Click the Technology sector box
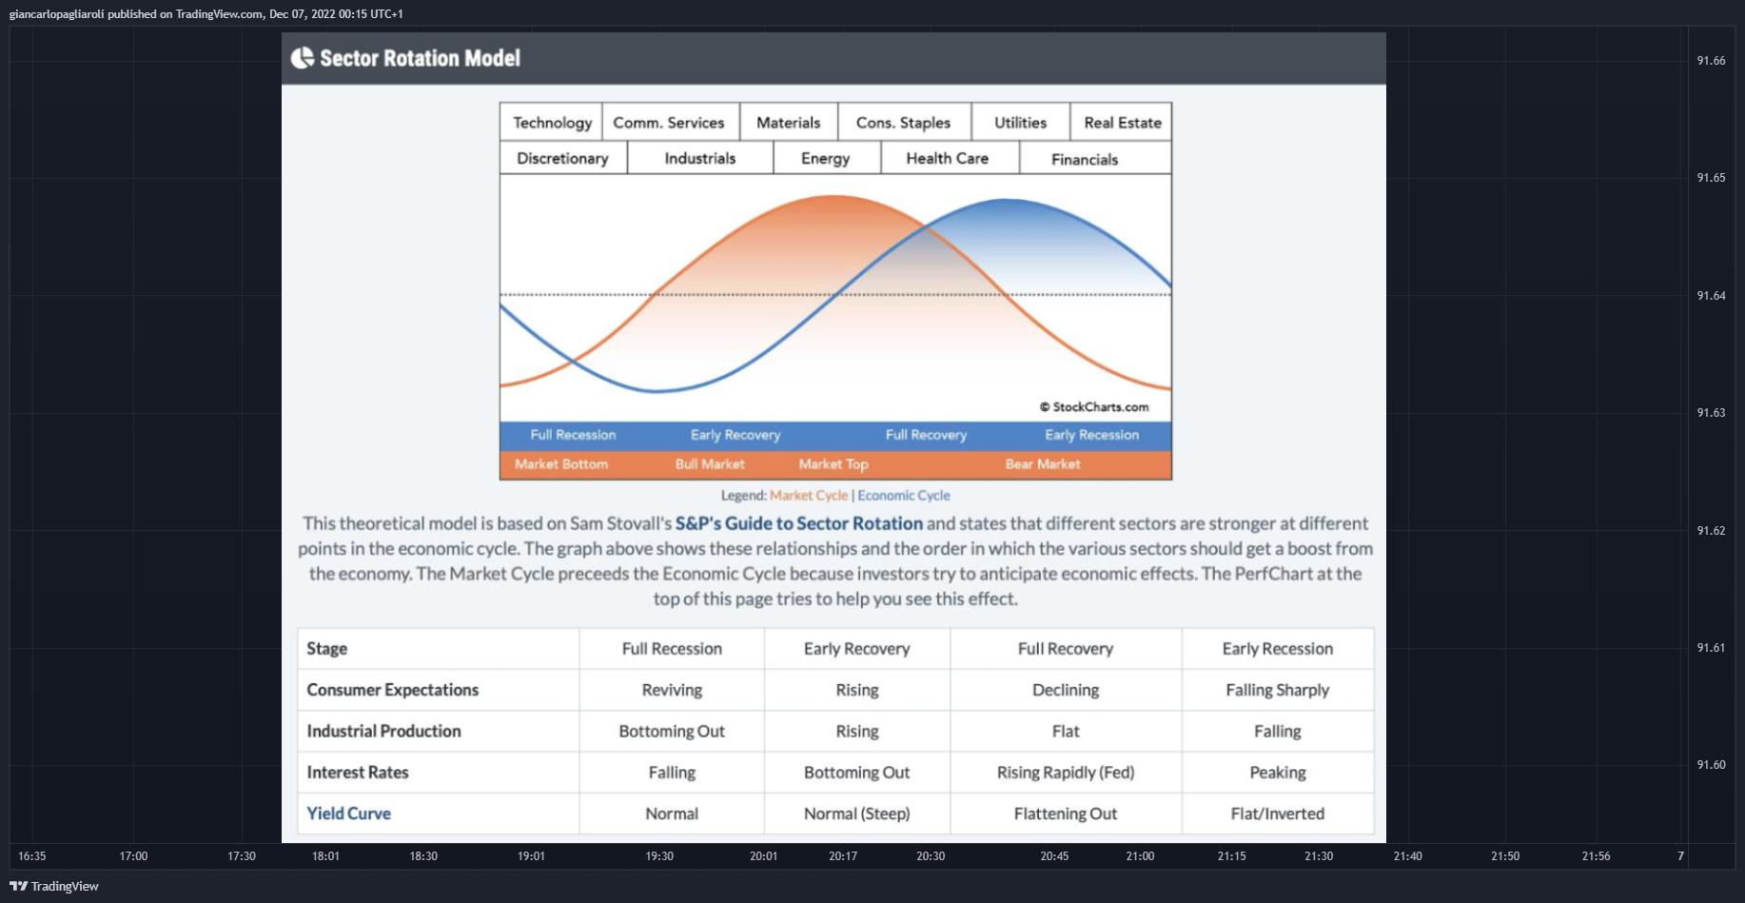pyautogui.click(x=551, y=122)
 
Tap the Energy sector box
pyautogui.click(x=826, y=158)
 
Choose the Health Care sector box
pyautogui.click(x=949, y=158)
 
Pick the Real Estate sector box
pyautogui.click(x=1121, y=122)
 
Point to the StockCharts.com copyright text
pyautogui.click(x=1094, y=406)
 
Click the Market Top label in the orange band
pyautogui.click(x=833, y=464)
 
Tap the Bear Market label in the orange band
pyautogui.click(x=1043, y=464)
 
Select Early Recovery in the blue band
pyautogui.click(x=735, y=435)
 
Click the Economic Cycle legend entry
pyautogui.click(x=904, y=496)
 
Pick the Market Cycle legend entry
pyautogui.click(x=809, y=496)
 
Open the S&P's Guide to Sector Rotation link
pyautogui.click(x=799, y=523)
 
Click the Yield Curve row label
pyautogui.click(x=349, y=814)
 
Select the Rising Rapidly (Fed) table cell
pyautogui.click(x=1066, y=773)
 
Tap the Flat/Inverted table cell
pyautogui.click(x=1278, y=814)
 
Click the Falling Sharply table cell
pyautogui.click(x=1278, y=690)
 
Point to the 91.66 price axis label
pyautogui.click(x=1711, y=61)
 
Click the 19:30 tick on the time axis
pyautogui.click(x=659, y=856)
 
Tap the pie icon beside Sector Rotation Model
pyautogui.click(x=303, y=58)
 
